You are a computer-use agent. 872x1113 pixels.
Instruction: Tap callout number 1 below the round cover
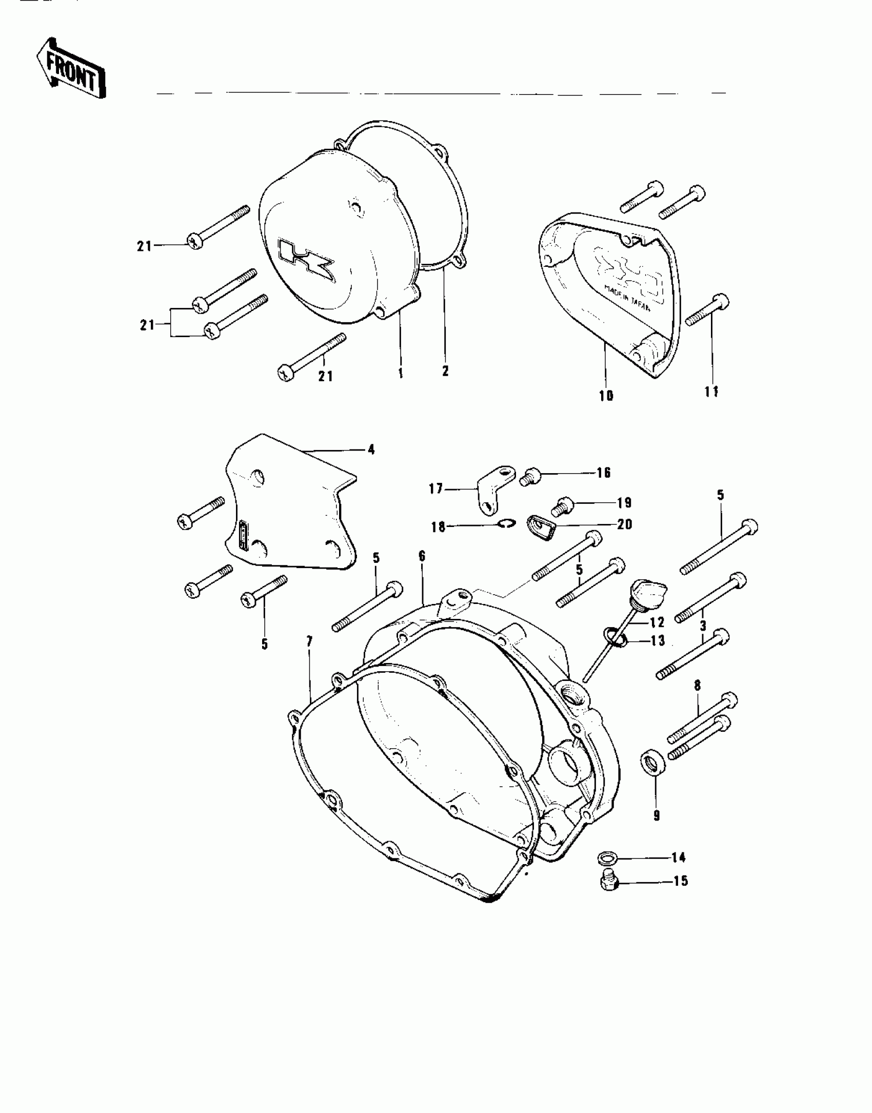401,373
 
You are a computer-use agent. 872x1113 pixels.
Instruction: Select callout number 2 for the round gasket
445,371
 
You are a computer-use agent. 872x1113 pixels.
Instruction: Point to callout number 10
606,396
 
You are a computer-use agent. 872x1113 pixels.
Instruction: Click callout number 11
711,392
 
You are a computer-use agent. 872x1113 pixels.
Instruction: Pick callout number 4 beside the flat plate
371,450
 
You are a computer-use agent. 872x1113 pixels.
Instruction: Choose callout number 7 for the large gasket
310,641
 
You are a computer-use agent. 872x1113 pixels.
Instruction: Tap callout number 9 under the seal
657,815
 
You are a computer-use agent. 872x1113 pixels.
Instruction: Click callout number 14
679,857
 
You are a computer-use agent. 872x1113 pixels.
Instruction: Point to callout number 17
436,489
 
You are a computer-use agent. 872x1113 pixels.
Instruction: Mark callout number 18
438,526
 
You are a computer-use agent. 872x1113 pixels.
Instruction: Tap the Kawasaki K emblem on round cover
306,262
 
